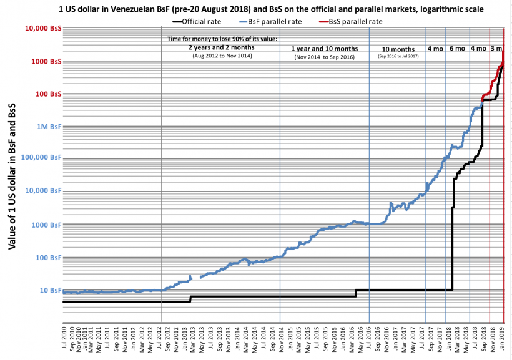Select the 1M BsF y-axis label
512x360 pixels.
pos(48,127)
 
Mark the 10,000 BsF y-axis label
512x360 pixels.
pos(42,192)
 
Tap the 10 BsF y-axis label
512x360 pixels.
pos(50,290)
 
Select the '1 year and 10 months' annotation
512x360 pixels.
pos(324,49)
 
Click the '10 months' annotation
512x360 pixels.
pos(397,49)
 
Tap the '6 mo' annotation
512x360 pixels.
pos(457,49)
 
